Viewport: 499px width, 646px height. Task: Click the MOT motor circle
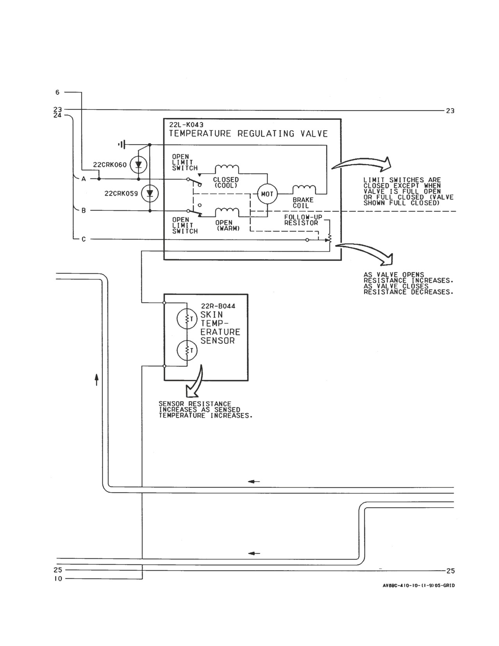point(267,194)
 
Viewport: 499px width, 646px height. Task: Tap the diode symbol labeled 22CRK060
point(138,164)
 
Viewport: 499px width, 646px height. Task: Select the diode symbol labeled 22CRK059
point(150,194)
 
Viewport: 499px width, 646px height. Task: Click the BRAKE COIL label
point(303,203)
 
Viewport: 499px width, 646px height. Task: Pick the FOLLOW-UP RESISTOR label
point(303,220)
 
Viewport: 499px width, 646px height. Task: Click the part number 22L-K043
point(186,125)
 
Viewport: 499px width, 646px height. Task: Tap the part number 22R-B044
point(218,306)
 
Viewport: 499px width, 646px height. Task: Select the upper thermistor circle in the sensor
point(187,319)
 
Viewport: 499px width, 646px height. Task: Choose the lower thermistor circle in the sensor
point(187,350)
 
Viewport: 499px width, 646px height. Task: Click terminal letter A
point(84,179)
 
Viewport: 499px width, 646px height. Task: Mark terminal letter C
point(84,239)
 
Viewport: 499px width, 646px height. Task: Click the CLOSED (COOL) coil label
point(226,183)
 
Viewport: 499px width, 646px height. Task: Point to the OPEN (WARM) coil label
point(228,225)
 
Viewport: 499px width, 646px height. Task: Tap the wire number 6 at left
point(57,92)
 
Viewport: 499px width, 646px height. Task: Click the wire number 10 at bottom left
point(58,578)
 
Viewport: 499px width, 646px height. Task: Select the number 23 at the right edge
point(450,111)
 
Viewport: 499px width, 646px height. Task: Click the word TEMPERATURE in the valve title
point(200,133)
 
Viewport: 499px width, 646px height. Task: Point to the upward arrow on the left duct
point(96,380)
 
